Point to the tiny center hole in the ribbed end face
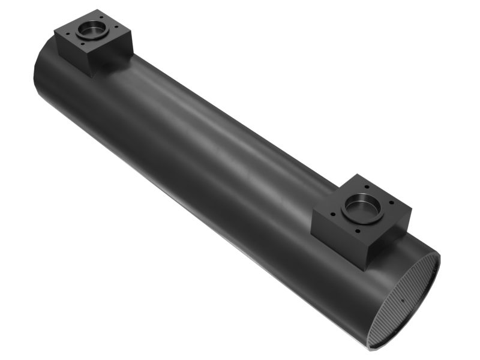point(401,301)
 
